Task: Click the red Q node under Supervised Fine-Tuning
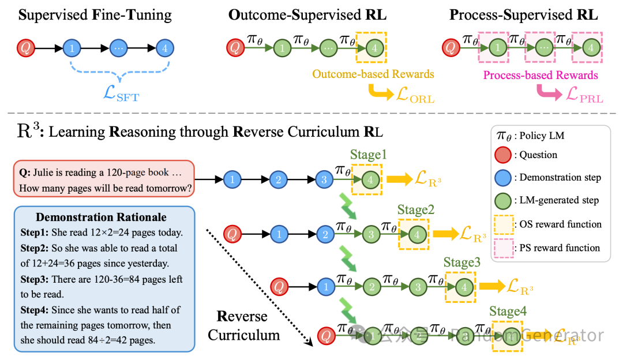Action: point(25,48)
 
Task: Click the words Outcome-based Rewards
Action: point(373,74)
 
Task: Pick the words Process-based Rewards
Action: point(540,75)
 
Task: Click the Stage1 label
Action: point(367,155)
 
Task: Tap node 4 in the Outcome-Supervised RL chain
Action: point(375,48)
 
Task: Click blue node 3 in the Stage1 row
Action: point(324,180)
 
